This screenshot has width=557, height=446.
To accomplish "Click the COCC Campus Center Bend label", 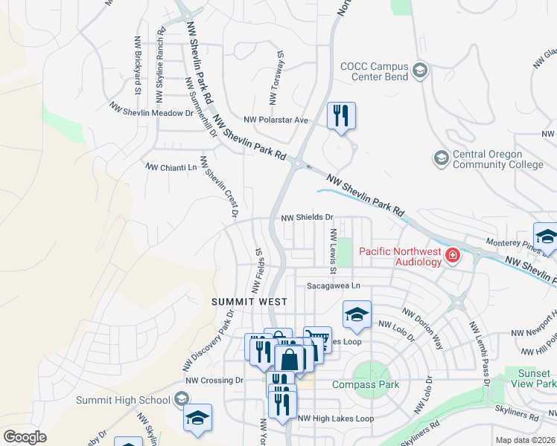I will (x=373, y=71).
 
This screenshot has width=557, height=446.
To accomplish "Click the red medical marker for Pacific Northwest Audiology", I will (x=453, y=257).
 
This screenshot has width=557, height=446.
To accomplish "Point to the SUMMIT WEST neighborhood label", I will (x=245, y=302).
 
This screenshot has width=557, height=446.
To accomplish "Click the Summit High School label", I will (x=124, y=400).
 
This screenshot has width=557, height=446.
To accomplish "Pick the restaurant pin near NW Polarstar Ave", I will (x=342, y=116).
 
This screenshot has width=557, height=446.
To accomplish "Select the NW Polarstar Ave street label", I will (x=276, y=120).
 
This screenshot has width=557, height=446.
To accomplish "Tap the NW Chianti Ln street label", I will (x=171, y=168).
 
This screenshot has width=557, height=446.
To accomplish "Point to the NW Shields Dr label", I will (x=306, y=217).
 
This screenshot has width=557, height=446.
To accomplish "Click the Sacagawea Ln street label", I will (x=333, y=285).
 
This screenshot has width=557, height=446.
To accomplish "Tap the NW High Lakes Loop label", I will (x=336, y=418).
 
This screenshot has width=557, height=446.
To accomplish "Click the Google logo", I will (x=25, y=437).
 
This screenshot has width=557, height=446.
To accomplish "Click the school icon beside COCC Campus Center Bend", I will (x=420, y=71).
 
